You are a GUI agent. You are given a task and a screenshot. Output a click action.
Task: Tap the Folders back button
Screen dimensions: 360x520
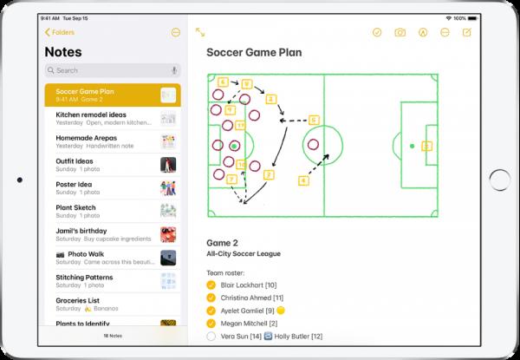coord(61,32)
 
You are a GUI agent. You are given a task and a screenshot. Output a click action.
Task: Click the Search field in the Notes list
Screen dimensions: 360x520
coord(104,70)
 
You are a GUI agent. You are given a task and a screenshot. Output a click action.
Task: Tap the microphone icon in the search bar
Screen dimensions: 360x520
coord(175,70)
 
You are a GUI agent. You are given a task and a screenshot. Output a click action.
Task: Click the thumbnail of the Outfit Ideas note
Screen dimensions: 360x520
coord(168,164)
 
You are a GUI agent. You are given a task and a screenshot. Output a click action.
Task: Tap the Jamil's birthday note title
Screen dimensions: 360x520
coord(81,230)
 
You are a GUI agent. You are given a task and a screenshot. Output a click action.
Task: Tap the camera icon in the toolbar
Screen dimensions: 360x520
coord(400,32)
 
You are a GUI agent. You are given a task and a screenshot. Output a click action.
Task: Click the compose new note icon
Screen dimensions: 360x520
coord(468,32)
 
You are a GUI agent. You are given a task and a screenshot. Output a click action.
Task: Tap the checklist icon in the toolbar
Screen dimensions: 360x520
coord(377,32)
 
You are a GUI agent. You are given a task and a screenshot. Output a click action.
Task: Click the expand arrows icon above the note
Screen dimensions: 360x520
coord(200,32)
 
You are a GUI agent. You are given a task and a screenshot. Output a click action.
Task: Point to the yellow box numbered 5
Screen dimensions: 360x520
coord(314,120)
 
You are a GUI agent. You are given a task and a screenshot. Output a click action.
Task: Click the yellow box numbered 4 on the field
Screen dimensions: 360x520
coord(303,180)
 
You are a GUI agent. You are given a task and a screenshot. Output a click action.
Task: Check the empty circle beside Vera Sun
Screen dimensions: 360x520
coord(212,336)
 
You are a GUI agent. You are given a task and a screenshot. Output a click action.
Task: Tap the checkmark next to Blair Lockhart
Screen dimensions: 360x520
coord(212,284)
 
